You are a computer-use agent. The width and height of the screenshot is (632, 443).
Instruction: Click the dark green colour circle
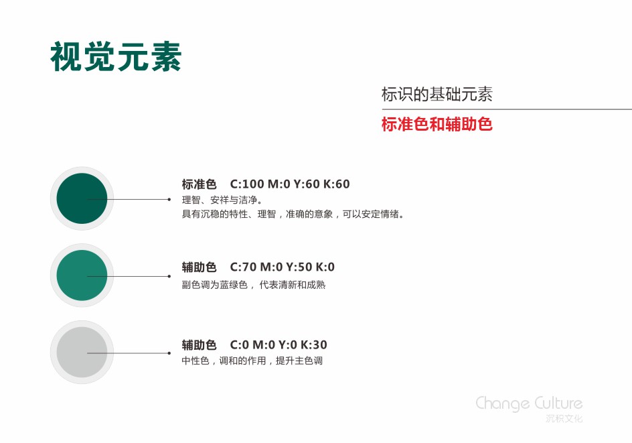click(x=82, y=198)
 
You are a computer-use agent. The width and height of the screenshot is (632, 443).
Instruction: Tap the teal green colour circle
click(x=82, y=275)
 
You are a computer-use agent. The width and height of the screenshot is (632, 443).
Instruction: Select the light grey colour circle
click(x=82, y=353)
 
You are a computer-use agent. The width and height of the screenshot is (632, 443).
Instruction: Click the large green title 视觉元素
click(x=116, y=57)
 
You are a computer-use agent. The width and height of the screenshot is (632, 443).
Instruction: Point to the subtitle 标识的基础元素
click(x=437, y=94)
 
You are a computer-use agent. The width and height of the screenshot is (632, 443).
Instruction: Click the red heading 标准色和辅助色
click(x=437, y=124)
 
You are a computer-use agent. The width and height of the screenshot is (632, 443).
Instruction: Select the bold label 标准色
click(x=199, y=184)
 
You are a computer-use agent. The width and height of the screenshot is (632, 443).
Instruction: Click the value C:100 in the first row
click(x=246, y=184)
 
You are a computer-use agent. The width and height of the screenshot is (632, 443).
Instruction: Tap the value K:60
click(x=337, y=184)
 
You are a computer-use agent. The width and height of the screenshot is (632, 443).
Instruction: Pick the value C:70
click(x=243, y=267)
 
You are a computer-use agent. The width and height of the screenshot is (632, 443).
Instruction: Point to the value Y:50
click(x=299, y=267)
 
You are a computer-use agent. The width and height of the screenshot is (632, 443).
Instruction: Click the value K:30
click(x=314, y=345)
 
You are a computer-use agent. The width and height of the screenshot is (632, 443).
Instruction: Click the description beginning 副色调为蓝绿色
click(x=254, y=285)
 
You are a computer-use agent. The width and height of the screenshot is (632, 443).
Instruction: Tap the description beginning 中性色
click(x=252, y=361)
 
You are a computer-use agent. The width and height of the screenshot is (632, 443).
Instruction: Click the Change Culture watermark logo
click(x=529, y=403)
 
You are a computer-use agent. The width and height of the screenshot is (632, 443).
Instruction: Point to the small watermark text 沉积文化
click(x=564, y=418)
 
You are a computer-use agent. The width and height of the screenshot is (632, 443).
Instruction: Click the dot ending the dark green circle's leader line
click(x=169, y=199)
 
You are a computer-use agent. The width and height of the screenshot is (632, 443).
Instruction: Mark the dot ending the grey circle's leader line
click(x=169, y=353)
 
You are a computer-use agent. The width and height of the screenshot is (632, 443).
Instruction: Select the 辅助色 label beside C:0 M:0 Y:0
click(x=199, y=345)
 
